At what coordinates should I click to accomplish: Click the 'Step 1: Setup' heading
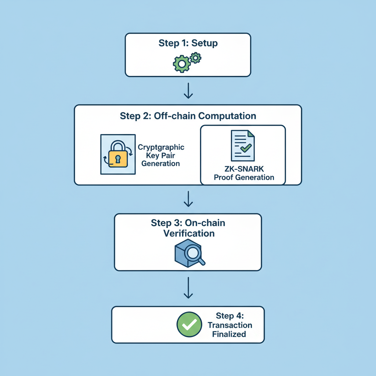pyautogui.click(x=188, y=43)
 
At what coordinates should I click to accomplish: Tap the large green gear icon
pyautogui.click(x=181, y=64)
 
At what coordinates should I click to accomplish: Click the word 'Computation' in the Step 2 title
pyautogui.click(x=227, y=116)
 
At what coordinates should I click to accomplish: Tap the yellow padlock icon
pyautogui.click(x=117, y=156)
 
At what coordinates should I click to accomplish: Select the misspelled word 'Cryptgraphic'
pyautogui.click(x=161, y=147)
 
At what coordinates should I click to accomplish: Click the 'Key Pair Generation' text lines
pyautogui.click(x=160, y=159)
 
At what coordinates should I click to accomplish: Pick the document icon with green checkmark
pyautogui.click(x=242, y=146)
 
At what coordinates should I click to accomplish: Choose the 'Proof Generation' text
pyautogui.click(x=244, y=178)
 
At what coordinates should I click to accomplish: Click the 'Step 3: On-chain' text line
pyautogui.click(x=188, y=223)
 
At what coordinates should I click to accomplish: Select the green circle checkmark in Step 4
pyautogui.click(x=189, y=325)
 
